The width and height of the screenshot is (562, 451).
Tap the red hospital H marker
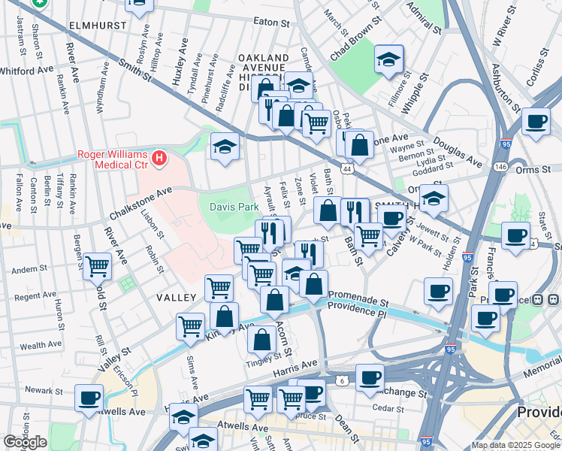159,158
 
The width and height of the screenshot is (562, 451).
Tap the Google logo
25,442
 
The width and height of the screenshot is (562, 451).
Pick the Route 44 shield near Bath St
346,171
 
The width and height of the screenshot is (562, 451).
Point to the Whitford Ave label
26,70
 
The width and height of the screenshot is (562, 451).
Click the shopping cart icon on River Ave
98,265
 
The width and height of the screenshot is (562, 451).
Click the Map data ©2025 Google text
516,445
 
